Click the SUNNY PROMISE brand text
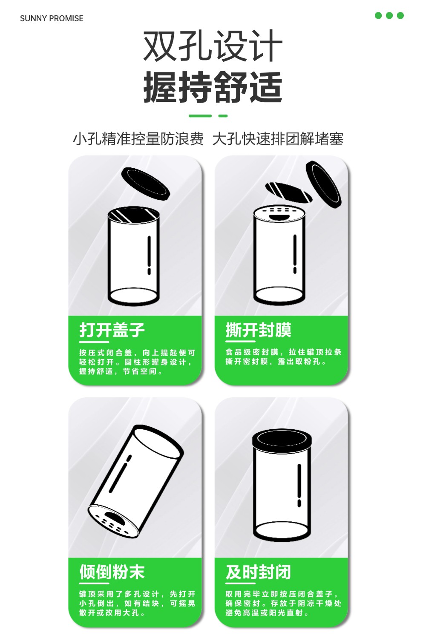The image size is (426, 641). pos(52,19)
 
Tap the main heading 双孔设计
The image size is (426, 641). pos(213,46)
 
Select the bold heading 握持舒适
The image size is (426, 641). pos(213,87)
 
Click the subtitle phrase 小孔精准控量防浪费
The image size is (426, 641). pos(138,139)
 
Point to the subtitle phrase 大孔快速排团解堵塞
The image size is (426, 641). pos(278,139)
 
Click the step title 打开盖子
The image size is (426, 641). pos(112,330)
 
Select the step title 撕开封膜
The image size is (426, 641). pos(258,330)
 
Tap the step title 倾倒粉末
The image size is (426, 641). pos(112,572)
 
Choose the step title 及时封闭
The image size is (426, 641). pos(258,572)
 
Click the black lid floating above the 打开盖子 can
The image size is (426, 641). pos(145,184)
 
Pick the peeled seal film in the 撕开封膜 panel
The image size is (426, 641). pos(288,193)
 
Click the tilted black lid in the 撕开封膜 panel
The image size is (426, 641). pos(323,184)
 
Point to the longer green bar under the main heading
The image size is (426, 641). pos(200,116)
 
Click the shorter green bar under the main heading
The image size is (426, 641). pos(223,116)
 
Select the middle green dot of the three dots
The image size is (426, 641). pos(389,15)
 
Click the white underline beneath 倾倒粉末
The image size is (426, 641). pos(94,583)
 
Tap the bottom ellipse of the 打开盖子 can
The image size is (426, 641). pos(133,297)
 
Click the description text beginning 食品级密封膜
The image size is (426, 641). pos(283,356)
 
